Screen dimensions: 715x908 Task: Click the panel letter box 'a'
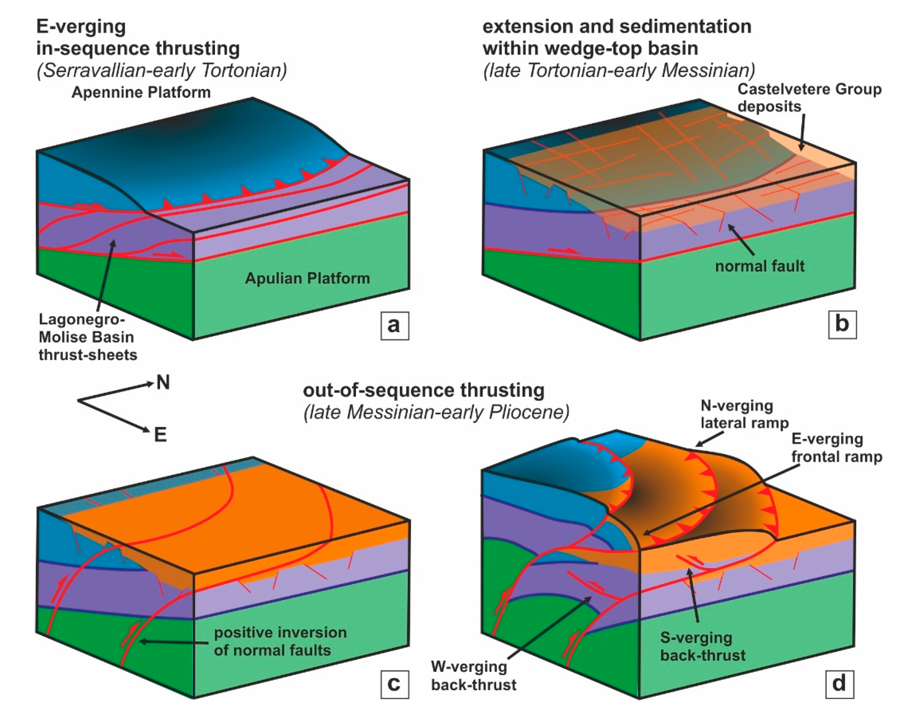394,325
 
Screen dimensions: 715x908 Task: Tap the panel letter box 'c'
394,683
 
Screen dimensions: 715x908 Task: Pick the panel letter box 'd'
839,683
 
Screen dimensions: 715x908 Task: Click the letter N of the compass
163,382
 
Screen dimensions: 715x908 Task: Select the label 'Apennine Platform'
141,92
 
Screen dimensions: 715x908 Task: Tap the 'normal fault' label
759,266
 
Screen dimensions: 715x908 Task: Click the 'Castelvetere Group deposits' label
809,97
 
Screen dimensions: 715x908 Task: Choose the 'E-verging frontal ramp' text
836,448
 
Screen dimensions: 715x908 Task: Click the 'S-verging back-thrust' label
702,646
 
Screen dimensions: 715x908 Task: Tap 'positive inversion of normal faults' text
280,641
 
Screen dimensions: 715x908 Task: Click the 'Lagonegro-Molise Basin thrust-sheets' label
87,337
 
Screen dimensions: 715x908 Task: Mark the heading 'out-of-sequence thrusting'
424,390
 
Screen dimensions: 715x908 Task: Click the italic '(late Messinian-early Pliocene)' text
436,412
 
